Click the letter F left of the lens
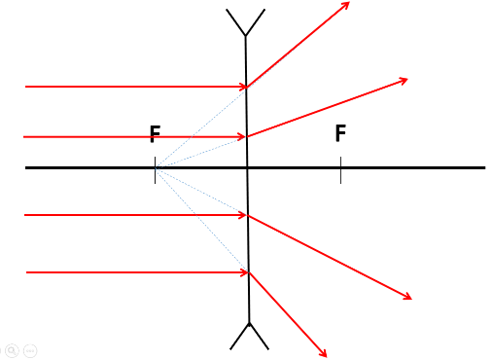click(x=155, y=135)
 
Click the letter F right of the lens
click(x=340, y=134)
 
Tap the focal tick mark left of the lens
click(x=155, y=169)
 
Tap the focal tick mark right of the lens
click(x=340, y=169)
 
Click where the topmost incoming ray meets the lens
click(x=247, y=87)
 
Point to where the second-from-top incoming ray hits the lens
click(x=247, y=136)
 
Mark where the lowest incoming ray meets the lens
click(x=249, y=272)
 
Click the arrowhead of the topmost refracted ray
click(x=346, y=5)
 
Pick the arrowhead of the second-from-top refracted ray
click(x=404, y=80)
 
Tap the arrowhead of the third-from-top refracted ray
click(x=408, y=297)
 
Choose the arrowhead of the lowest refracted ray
click(x=324, y=355)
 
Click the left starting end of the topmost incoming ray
click(x=26, y=87)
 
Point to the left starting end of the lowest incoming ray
click(x=27, y=272)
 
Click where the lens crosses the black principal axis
click(x=248, y=167)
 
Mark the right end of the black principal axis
click(x=483, y=167)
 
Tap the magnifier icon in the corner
click(x=12, y=349)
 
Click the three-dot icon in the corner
click(x=30, y=349)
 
